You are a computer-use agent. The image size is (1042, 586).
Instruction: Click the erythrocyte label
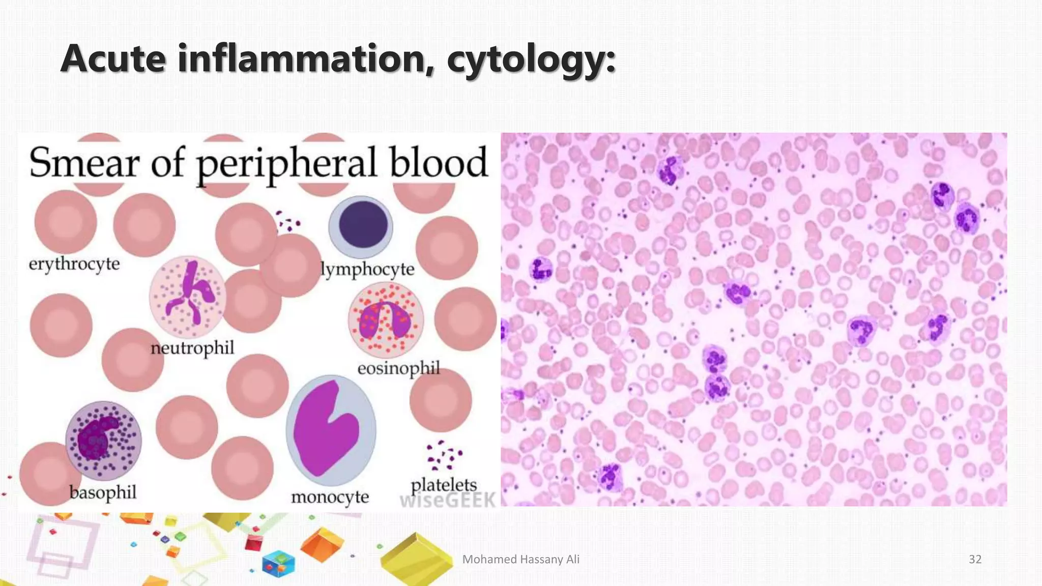click(x=74, y=264)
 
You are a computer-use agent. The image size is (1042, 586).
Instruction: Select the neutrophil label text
click(x=192, y=348)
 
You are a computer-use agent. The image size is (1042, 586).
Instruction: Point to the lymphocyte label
click(x=367, y=269)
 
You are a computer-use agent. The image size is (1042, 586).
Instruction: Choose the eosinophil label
click(x=398, y=368)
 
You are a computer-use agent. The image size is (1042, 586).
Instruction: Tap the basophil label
click(x=103, y=492)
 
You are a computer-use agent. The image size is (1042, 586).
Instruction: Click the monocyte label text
click(x=330, y=497)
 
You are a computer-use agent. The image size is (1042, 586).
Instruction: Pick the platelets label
click(x=444, y=485)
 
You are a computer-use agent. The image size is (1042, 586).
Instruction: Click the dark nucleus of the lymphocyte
click(x=363, y=224)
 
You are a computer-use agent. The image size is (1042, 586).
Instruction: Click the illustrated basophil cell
click(x=103, y=440)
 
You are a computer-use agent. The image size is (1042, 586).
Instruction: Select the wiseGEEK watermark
click(x=448, y=501)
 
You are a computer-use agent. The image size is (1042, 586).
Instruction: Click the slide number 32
click(x=975, y=560)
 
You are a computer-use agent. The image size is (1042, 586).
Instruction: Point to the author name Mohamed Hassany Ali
click(x=520, y=560)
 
